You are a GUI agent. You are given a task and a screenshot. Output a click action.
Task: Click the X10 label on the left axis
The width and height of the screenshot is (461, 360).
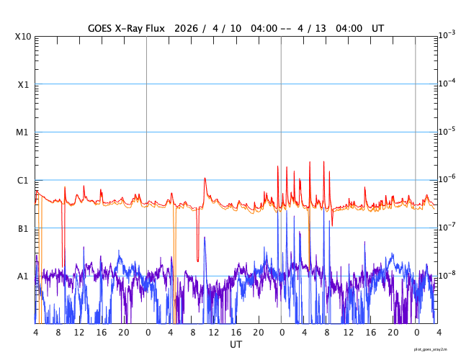(x=23, y=37)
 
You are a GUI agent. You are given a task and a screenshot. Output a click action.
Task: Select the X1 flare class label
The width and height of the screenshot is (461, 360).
(x=23, y=85)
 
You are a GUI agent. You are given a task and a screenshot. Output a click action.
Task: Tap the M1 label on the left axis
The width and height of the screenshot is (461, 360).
(x=23, y=132)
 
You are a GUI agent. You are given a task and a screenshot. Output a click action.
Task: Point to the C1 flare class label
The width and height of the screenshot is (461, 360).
(x=23, y=181)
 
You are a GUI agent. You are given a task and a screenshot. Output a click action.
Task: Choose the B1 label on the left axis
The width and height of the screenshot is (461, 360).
(x=23, y=229)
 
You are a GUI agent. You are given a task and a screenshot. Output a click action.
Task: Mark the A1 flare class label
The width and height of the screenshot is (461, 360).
(x=23, y=276)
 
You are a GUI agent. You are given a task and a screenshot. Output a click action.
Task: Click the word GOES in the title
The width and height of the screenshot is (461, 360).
(x=102, y=28)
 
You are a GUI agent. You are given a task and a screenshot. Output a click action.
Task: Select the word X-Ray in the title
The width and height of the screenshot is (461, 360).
(x=139, y=28)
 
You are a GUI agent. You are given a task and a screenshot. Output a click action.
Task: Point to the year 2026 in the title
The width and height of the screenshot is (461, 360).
(x=210, y=28)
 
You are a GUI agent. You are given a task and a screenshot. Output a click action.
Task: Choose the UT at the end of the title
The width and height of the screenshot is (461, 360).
(x=378, y=28)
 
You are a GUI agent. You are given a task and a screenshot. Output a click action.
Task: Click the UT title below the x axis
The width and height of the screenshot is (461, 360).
(x=236, y=345)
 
